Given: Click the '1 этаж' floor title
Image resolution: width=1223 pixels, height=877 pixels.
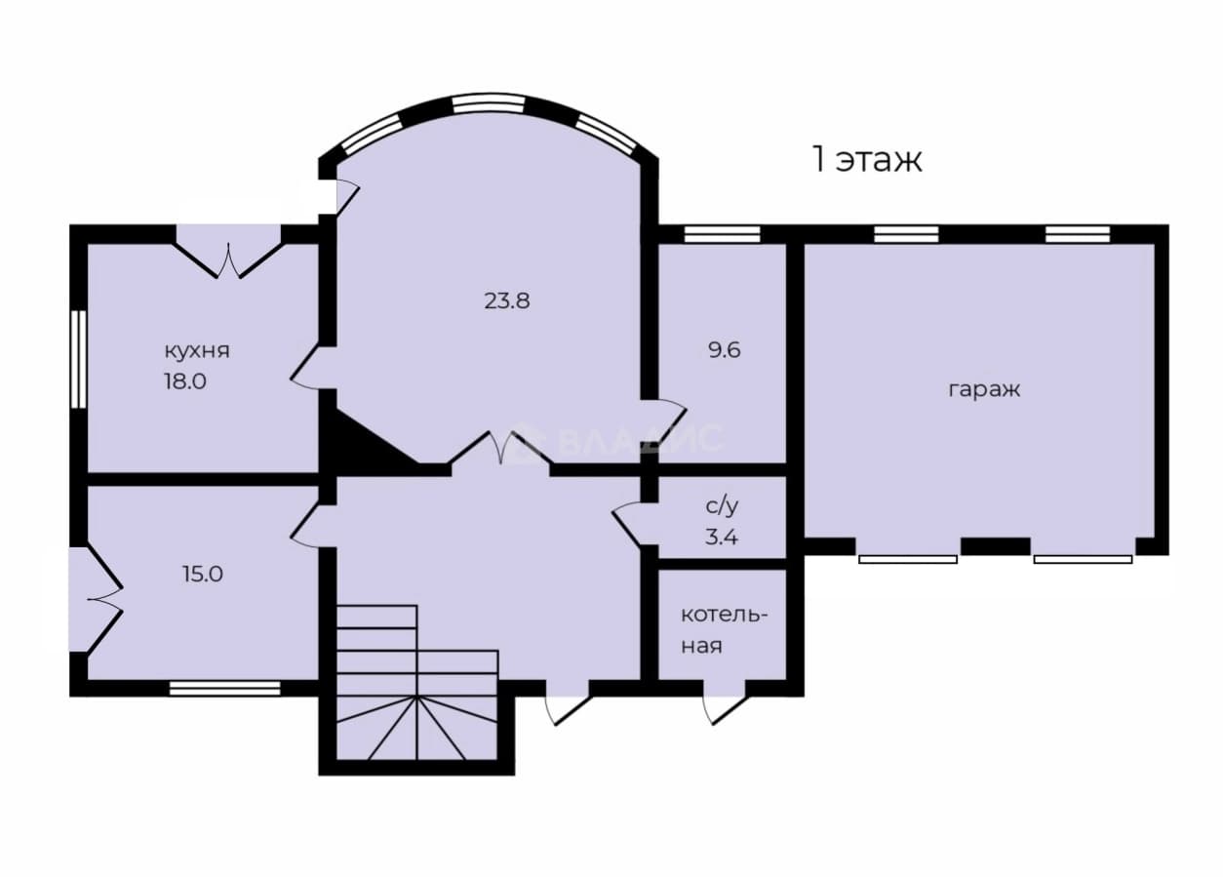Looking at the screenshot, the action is (868, 159).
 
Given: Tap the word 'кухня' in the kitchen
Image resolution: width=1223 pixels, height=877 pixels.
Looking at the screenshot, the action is (197, 350).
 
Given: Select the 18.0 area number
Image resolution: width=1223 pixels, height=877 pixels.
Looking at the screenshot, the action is (185, 381).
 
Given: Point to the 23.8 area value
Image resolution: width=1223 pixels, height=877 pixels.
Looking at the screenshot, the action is (507, 300).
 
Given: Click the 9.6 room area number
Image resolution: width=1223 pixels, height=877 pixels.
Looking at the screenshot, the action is (724, 350).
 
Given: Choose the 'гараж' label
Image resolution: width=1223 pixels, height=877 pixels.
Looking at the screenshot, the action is (984, 390).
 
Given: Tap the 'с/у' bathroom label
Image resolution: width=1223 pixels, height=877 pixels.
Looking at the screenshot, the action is (722, 506).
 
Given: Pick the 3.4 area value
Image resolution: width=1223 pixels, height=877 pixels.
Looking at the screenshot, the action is (722, 538).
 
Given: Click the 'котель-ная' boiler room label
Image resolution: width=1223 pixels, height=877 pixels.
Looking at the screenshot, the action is (724, 631).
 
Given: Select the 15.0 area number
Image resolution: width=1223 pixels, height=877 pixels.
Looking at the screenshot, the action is (203, 575).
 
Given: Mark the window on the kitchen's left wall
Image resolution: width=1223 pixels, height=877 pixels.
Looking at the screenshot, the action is (79, 359).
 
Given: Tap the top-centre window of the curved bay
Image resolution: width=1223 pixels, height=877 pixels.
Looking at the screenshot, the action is (490, 104).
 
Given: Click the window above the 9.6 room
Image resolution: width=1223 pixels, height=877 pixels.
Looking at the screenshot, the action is (722, 234).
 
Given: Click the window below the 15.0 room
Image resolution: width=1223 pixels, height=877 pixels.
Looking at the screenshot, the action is (224, 688).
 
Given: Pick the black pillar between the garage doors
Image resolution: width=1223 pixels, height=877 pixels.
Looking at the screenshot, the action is (996, 546).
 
